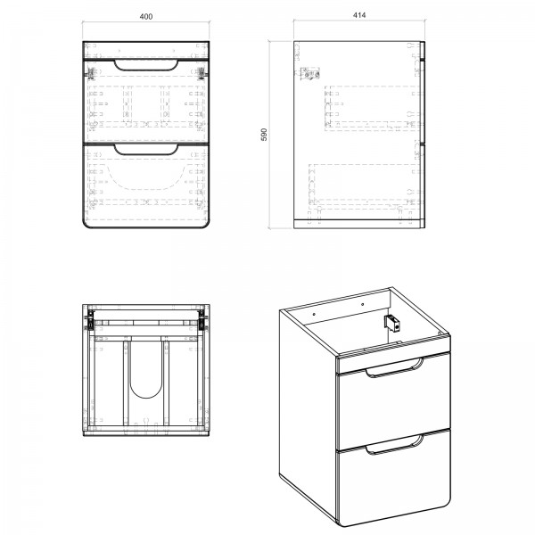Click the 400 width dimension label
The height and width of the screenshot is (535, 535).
pyautogui.click(x=146, y=16)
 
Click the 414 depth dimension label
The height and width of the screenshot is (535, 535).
pyautogui.click(x=359, y=15)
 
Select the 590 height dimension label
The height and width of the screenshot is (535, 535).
pyautogui.click(x=264, y=135)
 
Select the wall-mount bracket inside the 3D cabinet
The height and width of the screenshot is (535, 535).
pyautogui.click(x=392, y=323)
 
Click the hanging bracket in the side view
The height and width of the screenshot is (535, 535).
pyautogui.click(x=309, y=74)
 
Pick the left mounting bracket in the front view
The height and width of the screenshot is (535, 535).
pyautogui.click(x=91, y=73)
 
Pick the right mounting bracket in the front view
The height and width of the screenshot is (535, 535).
pyautogui.click(x=202, y=73)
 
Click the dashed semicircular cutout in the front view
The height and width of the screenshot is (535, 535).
pyautogui.click(x=146, y=188)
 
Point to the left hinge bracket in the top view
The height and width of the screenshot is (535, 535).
pyautogui.click(x=90, y=321)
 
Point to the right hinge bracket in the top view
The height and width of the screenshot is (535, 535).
pyautogui.click(x=202, y=321)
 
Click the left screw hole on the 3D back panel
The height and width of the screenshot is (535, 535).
pyautogui.click(x=314, y=312)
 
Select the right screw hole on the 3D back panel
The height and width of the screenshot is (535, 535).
pyautogui.click(x=362, y=304)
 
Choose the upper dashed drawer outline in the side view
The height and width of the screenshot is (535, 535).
pyautogui.click(x=372, y=108)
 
